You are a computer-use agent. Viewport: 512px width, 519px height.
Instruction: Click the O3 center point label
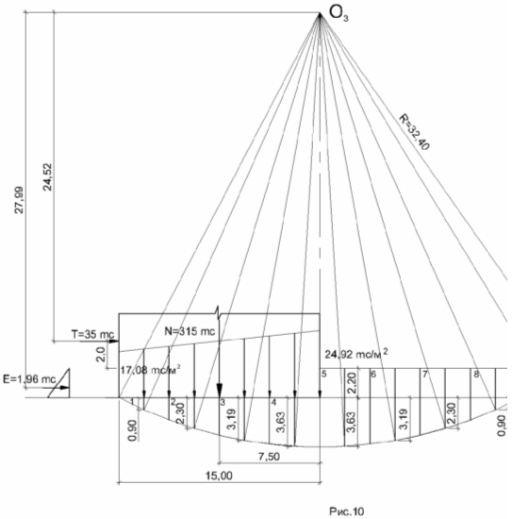(339, 14)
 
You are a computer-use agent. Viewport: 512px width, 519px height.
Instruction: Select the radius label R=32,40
(414, 132)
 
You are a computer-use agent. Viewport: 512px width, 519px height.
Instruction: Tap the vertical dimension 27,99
(20, 200)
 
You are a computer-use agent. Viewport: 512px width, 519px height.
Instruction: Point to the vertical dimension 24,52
(48, 177)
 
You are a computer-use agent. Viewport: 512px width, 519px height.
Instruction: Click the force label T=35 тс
(93, 334)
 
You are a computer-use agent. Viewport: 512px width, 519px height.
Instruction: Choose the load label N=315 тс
(190, 331)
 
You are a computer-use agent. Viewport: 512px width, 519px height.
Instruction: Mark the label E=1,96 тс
(29, 379)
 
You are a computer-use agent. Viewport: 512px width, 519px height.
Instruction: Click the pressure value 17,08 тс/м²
(151, 370)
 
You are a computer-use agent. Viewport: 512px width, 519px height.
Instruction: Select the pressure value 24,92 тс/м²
(356, 354)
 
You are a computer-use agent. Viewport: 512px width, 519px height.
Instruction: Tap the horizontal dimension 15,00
(219, 476)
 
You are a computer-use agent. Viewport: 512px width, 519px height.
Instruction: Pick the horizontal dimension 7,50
(269, 457)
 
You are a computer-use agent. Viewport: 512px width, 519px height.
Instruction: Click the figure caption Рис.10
(347, 511)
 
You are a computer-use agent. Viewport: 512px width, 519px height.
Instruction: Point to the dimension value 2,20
(352, 383)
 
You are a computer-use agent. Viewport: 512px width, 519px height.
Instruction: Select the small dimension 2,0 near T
(102, 355)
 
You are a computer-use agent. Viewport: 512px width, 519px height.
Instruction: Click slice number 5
(324, 374)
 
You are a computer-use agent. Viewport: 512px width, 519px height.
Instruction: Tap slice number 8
(476, 375)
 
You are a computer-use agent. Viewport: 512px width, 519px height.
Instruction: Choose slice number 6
(373, 375)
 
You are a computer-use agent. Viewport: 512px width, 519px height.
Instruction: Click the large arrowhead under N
(220, 390)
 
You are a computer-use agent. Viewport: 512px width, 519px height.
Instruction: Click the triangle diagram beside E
(58, 383)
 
